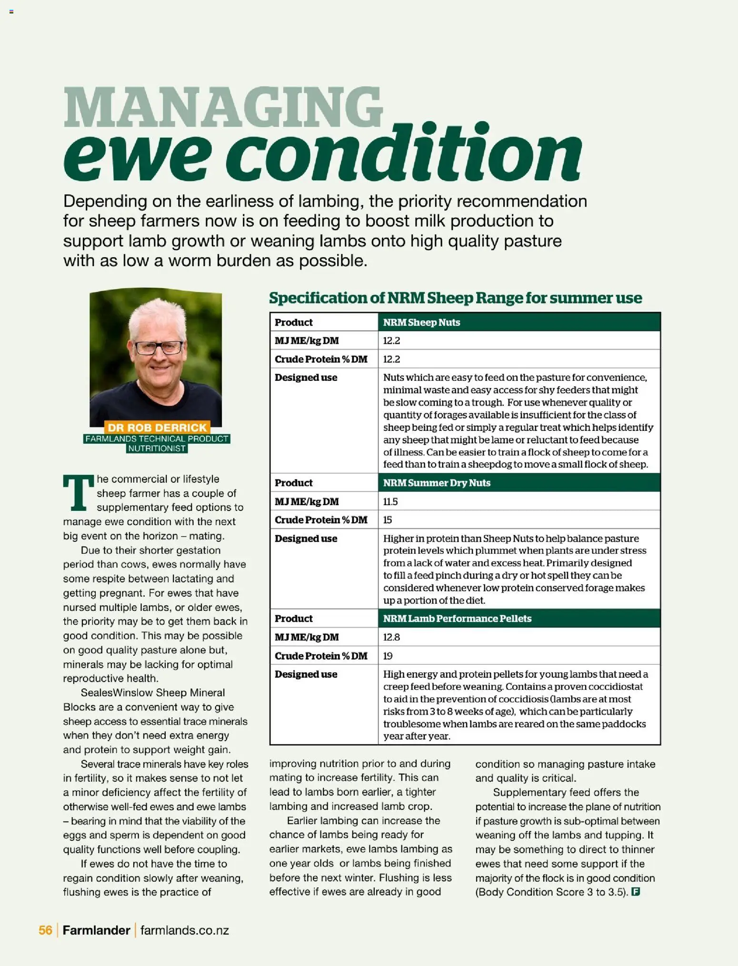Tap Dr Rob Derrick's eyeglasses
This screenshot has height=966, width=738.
[x=159, y=348]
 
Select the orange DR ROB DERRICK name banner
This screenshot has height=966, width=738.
[x=157, y=428]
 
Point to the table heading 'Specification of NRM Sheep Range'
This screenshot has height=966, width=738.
[x=455, y=298]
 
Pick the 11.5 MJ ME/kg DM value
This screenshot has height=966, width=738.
[x=390, y=501]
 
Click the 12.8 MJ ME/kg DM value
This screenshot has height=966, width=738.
[x=391, y=637]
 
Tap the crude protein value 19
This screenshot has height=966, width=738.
[x=388, y=656]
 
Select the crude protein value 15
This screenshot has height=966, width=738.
[x=388, y=520]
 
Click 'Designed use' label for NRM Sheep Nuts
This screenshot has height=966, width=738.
[x=306, y=378]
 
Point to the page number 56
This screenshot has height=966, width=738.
[x=45, y=930]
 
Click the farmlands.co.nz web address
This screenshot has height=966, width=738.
[x=185, y=930]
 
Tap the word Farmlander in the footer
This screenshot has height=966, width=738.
[x=96, y=930]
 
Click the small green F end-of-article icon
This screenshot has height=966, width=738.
[x=635, y=892]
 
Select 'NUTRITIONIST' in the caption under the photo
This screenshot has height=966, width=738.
[x=157, y=448]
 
